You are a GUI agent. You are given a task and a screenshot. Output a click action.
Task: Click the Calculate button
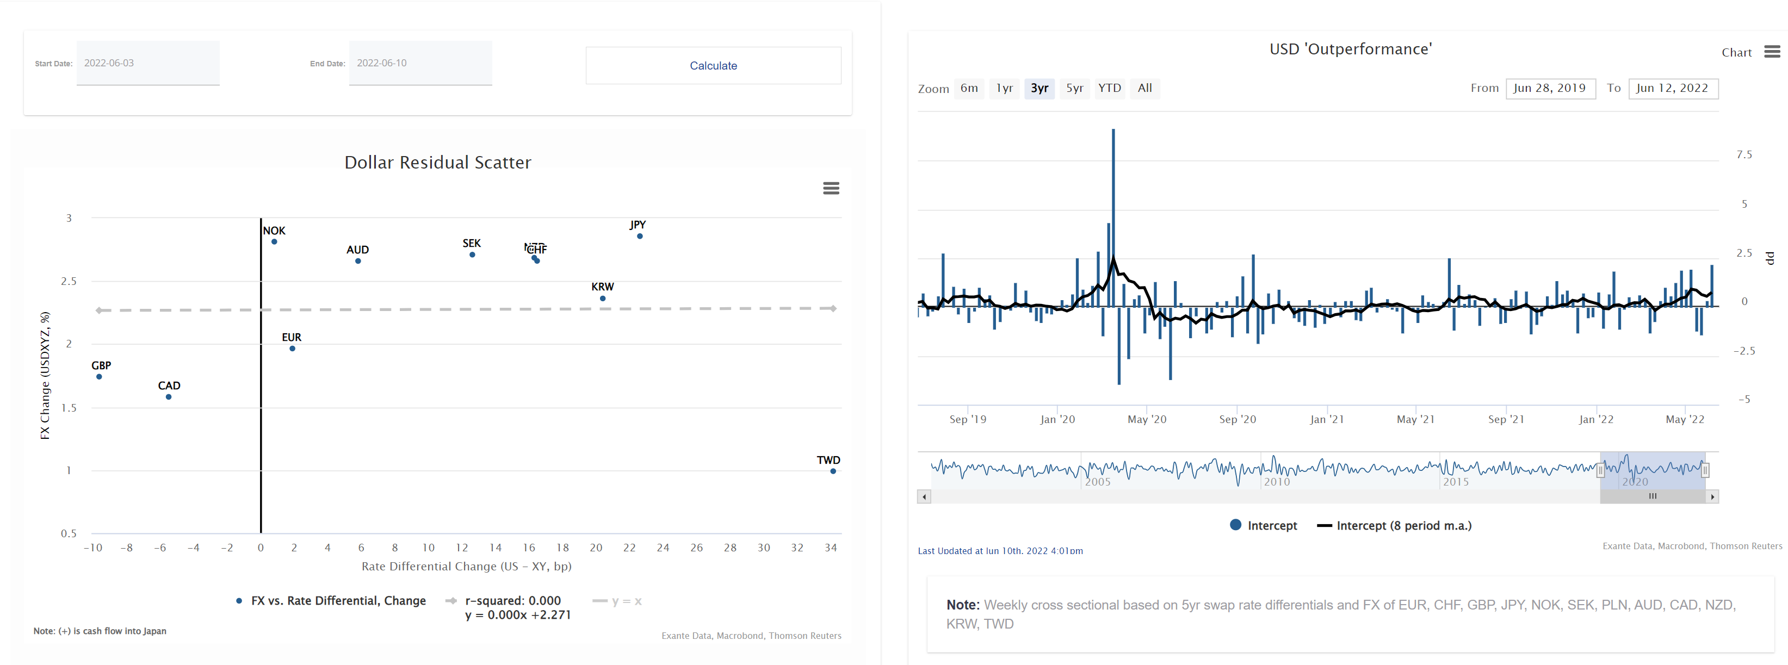pyautogui.click(x=713, y=65)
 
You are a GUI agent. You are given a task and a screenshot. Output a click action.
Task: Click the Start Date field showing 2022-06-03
pyautogui.click(x=148, y=63)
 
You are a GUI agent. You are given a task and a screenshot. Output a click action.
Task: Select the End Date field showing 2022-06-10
pyautogui.click(x=420, y=63)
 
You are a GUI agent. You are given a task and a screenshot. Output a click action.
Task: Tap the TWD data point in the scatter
pyautogui.click(x=833, y=471)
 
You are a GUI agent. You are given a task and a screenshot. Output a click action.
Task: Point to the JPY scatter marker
pyautogui.click(x=640, y=237)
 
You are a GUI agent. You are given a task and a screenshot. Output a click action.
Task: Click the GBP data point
pyautogui.click(x=99, y=377)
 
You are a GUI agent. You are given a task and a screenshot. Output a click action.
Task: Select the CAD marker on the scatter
pyautogui.click(x=169, y=397)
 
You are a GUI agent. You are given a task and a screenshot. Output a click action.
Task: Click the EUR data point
pyautogui.click(x=292, y=349)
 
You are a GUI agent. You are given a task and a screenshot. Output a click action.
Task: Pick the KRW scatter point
pyautogui.click(x=603, y=299)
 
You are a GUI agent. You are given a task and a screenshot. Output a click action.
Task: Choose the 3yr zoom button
pyautogui.click(x=1039, y=88)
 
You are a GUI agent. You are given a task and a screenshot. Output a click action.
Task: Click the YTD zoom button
pyautogui.click(x=1109, y=88)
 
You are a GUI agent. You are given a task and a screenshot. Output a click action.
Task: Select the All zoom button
pyautogui.click(x=1144, y=88)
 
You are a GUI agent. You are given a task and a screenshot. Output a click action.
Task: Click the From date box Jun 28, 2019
pyautogui.click(x=1549, y=88)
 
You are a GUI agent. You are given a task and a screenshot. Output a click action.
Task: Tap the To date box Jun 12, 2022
pyautogui.click(x=1672, y=88)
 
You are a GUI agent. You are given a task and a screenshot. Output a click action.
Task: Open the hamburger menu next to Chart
pyautogui.click(x=1772, y=52)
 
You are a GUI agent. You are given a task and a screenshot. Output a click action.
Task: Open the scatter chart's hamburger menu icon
pyautogui.click(x=831, y=188)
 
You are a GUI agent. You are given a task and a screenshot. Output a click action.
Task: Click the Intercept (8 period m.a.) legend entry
pyautogui.click(x=1395, y=525)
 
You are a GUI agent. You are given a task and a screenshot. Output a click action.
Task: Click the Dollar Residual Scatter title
pyautogui.click(x=437, y=163)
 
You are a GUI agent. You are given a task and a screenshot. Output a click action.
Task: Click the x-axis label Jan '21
pyautogui.click(x=1326, y=419)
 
